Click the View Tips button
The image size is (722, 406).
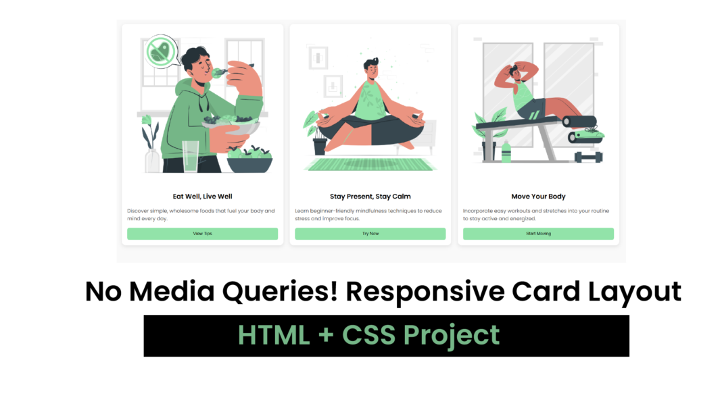coord(202,234)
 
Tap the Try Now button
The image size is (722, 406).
coord(370,234)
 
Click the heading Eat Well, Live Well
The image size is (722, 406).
coord(202,197)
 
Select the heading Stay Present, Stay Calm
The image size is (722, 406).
coord(370,197)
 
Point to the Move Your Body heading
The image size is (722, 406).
coord(538,197)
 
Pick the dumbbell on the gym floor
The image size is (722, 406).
coord(588,157)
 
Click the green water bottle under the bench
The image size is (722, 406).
coord(506,153)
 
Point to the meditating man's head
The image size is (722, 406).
coord(371,68)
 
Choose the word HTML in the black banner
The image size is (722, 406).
coord(269,335)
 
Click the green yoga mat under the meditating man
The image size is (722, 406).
coord(370,164)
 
